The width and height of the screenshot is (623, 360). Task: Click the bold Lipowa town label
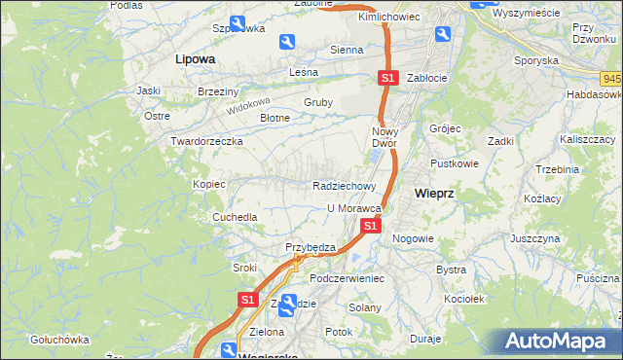pos(194,58)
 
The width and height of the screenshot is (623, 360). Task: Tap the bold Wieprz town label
pos(434,193)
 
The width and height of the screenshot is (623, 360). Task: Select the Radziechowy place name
pos(344,185)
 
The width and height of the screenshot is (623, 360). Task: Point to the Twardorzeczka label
pos(206,141)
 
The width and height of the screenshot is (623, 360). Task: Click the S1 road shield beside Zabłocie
pos(387,77)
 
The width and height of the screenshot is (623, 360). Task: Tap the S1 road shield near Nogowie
pos(370,226)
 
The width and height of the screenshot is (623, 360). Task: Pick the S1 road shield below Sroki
pos(247,301)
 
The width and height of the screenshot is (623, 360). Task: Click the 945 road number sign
pos(612,78)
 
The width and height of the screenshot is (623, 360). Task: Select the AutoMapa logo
pos(561,342)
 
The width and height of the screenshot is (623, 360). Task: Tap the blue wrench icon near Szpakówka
pos(238,23)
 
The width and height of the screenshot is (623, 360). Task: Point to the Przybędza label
pos(310,247)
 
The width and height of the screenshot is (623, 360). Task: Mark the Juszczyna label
pos(534,237)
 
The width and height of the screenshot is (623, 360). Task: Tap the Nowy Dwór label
pos(386,136)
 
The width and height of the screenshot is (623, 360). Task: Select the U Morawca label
pos(352,208)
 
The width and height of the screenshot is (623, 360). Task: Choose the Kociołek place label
pos(461,299)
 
